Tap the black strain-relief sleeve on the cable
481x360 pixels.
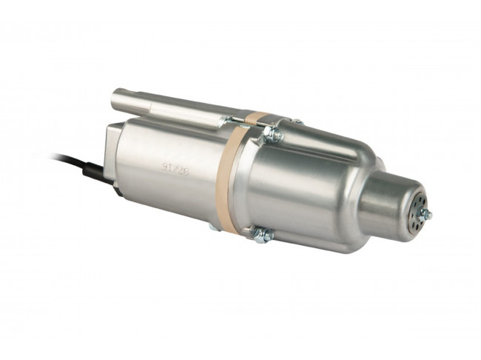point(94,173)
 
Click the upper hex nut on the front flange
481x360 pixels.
point(272,135)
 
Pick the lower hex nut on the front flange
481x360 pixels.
point(263,235)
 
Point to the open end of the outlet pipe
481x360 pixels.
point(119,99)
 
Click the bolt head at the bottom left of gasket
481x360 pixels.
point(214,226)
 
